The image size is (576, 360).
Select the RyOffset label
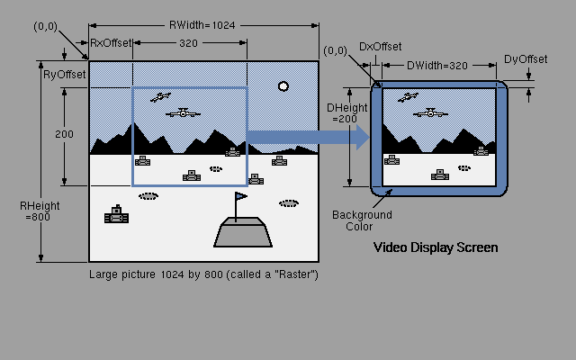tap(64, 75)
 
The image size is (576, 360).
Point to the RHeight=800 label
tap(40, 211)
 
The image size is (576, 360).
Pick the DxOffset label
tap(381, 46)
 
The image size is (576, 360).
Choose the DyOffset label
tap(526, 59)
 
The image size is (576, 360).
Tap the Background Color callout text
tap(362, 220)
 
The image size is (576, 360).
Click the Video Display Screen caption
tap(436, 247)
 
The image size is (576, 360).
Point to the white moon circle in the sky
tap(283, 86)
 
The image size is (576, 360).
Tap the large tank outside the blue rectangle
tap(117, 215)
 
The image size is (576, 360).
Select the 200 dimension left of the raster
tap(64, 133)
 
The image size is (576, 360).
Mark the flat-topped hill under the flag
tap(242, 232)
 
